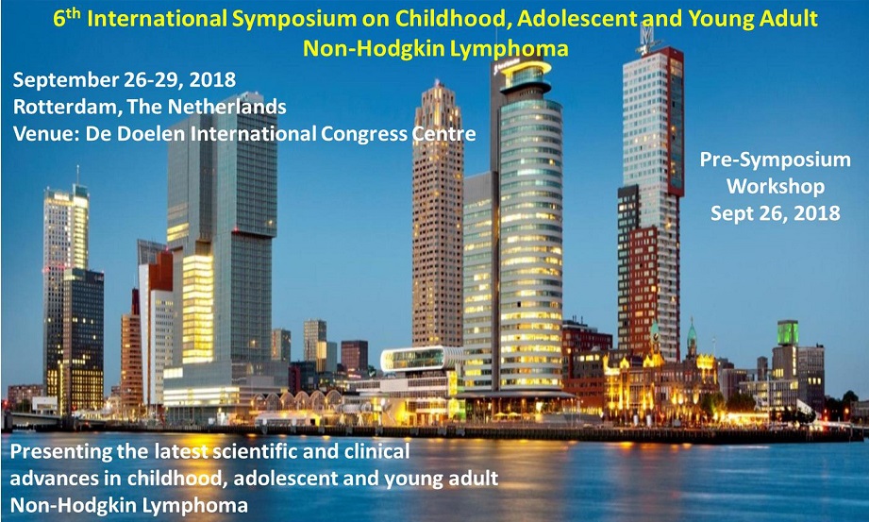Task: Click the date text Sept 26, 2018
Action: click(775, 213)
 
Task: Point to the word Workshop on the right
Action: click(775, 186)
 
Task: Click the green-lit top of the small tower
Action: click(788, 333)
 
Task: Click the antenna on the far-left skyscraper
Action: click(77, 176)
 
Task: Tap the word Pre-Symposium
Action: click(775, 160)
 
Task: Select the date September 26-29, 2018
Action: click(125, 80)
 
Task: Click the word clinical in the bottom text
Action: click(376, 451)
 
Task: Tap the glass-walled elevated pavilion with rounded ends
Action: click(421, 359)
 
